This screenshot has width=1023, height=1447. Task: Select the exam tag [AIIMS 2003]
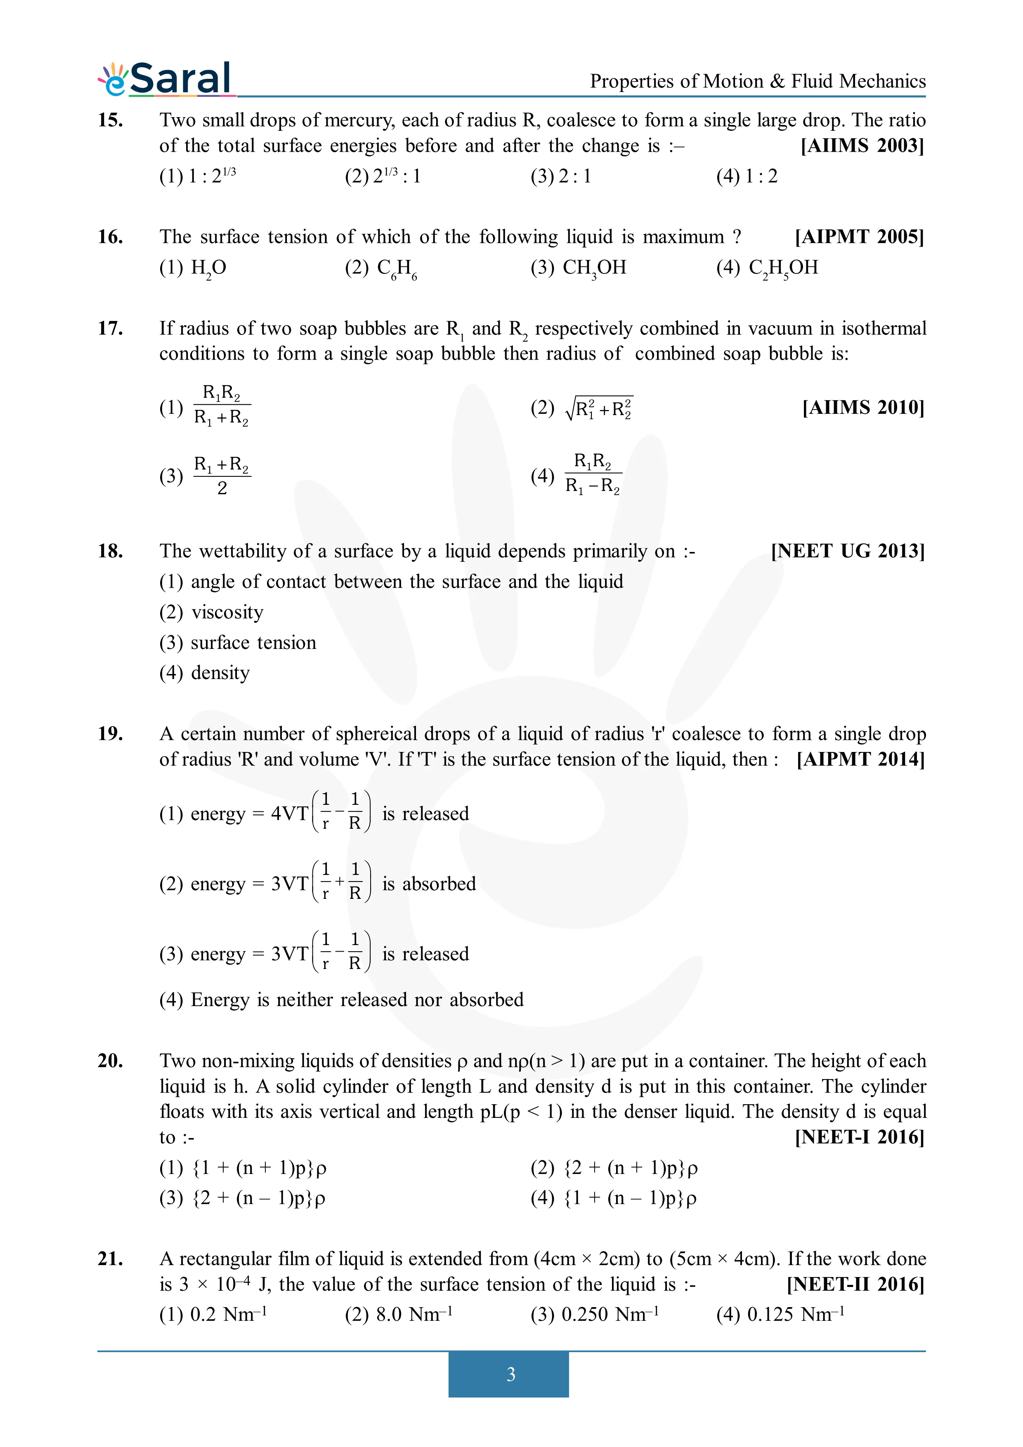point(862,146)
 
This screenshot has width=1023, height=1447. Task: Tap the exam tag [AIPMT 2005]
point(859,237)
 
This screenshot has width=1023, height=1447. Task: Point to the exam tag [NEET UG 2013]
point(848,551)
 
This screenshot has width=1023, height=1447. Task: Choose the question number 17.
point(110,328)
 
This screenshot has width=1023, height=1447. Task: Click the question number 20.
point(110,1061)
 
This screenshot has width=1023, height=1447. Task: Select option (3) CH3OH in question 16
point(578,268)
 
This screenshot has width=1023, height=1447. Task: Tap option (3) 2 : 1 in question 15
point(561,176)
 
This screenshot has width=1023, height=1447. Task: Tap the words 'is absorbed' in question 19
point(429,884)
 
